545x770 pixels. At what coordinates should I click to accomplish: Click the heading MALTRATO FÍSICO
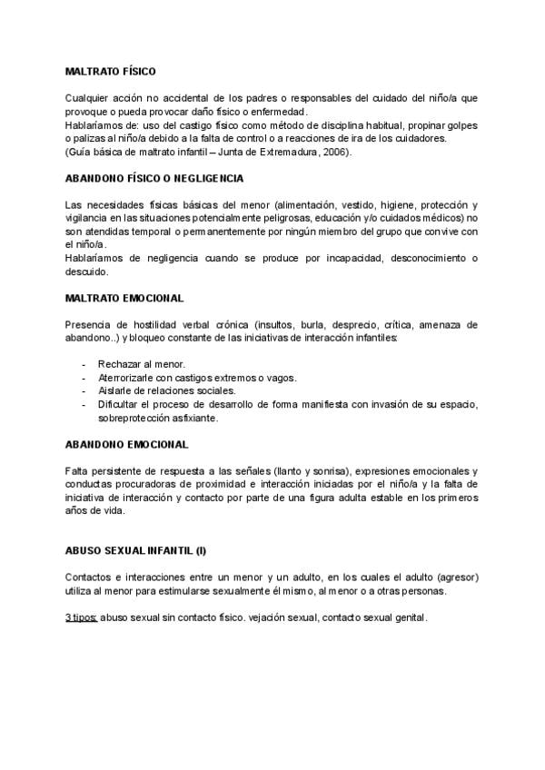click(111, 71)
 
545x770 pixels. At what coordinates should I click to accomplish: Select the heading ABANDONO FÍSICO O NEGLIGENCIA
click(154, 178)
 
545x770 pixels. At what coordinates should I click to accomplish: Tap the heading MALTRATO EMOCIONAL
click(124, 298)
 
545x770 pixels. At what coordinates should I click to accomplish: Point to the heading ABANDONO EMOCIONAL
click(127, 445)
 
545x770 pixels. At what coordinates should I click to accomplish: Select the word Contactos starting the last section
click(89, 577)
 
